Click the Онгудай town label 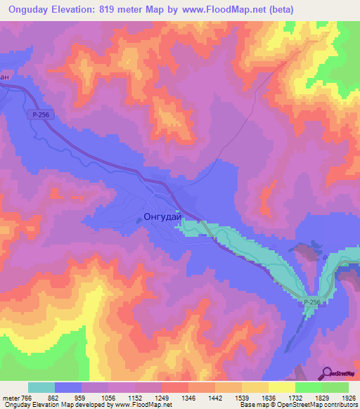(x=162, y=218)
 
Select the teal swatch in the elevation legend (x=41, y=387)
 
